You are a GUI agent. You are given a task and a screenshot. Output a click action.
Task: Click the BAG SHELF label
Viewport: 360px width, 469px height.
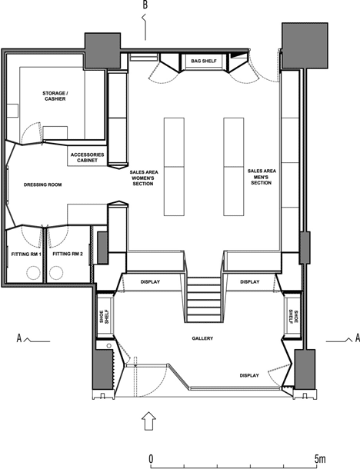[204, 61]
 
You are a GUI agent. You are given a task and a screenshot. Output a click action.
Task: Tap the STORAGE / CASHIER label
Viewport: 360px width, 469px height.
[55, 96]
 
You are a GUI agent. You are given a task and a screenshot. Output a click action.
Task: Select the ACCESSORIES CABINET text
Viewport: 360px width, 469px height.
[88, 158]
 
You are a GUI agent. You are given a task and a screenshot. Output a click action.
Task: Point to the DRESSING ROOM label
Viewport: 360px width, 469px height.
[43, 185]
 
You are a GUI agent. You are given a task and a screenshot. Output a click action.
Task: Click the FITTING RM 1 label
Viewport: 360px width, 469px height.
[26, 254]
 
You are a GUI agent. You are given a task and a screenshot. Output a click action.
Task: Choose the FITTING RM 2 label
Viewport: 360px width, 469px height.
[68, 254]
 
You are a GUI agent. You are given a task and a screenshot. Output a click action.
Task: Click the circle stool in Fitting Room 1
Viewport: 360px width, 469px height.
[33, 273]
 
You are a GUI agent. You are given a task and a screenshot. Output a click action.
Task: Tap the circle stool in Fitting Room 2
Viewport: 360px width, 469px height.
[56, 273]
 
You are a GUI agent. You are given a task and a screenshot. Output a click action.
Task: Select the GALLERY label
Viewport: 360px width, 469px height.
[202, 338]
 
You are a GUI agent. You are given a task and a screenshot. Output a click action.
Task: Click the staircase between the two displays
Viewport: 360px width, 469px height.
[204, 299]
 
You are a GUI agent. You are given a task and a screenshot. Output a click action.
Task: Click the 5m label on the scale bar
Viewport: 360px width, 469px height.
[319, 458]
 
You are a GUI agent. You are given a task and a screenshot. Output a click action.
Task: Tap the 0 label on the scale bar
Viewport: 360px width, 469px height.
[151, 458]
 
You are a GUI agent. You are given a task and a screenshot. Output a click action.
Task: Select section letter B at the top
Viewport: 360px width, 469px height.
[145, 5]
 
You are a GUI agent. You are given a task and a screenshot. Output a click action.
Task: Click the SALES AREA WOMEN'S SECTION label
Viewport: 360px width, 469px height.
[144, 178]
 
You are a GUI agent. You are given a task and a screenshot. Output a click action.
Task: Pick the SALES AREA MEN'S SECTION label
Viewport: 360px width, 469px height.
[262, 177]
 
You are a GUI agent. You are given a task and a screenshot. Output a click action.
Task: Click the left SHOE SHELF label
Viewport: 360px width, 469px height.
[105, 317]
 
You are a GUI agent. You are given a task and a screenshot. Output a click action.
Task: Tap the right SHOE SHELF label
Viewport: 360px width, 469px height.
[293, 317]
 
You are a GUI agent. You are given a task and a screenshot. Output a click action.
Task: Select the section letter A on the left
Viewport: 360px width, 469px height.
[19, 338]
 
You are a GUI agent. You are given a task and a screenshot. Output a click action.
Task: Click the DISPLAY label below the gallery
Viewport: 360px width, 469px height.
[249, 375]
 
